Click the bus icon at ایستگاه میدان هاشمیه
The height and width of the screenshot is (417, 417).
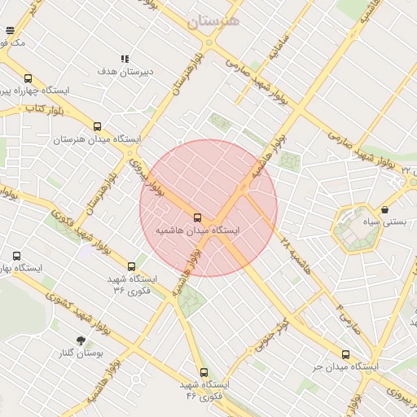point(197,217)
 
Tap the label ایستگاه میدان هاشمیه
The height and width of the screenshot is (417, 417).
point(200,231)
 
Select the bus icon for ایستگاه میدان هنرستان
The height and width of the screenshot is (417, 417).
point(98,126)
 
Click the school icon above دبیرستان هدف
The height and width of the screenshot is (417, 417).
point(125,59)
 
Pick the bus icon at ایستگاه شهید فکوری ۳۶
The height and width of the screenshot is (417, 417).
point(132,266)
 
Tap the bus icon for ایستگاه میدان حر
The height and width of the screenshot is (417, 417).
point(345,354)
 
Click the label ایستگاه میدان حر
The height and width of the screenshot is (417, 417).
point(345,367)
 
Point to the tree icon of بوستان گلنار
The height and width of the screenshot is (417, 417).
point(80,340)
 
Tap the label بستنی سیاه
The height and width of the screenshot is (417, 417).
point(382,222)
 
